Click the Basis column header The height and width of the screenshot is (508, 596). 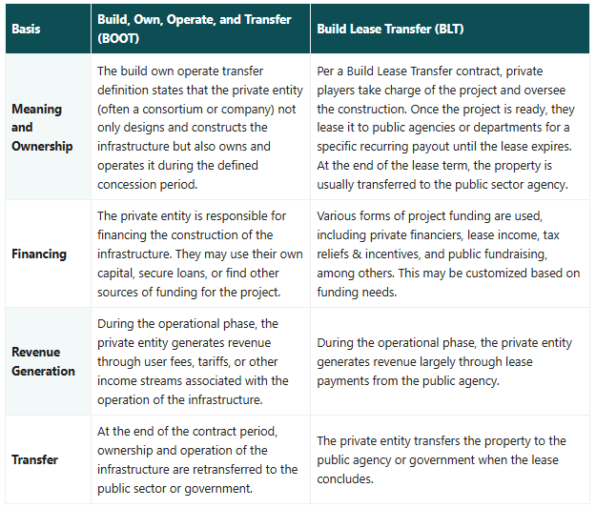(x=26, y=29)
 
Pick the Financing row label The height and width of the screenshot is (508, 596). (x=39, y=254)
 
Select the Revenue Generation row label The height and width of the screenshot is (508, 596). (x=43, y=361)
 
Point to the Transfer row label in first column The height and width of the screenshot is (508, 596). (x=34, y=459)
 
